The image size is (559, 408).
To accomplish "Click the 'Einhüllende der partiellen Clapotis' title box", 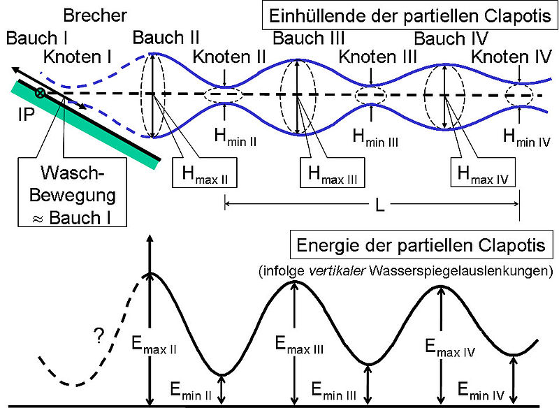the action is coord(410,16).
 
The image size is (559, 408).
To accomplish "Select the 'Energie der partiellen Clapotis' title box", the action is coord(421,245).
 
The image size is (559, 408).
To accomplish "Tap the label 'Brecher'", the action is coord(95,15).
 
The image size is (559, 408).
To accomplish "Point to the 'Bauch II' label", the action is coord(166,38).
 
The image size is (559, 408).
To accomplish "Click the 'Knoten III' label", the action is coord(377,57).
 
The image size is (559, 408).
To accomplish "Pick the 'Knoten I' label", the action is coord(78,57).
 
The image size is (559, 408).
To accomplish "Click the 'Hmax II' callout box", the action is coord(205,173).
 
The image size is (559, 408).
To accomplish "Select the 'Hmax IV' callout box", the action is coord(483,173).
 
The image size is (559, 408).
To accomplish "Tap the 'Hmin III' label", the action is coord(375,138).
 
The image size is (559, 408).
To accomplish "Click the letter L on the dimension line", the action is coord(380,205).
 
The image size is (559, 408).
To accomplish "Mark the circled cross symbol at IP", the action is coord(40,94).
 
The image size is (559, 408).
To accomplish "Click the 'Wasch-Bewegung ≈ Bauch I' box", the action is coord(73,192).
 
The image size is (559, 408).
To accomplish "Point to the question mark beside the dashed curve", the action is coord(99,335).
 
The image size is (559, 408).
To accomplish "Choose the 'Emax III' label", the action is coord(299,344).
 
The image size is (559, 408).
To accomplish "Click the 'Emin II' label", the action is coord(191,390).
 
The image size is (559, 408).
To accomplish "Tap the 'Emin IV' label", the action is coord(481,391).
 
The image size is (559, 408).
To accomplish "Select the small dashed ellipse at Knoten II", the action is coord(224,95).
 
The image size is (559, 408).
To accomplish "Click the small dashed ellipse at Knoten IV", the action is coord(519,95).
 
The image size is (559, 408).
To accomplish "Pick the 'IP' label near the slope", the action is coord(27,115).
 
